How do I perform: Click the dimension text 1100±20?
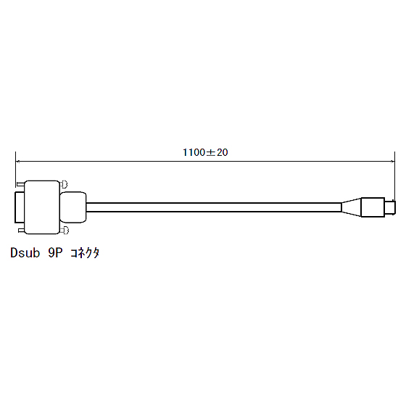(x=205, y=152)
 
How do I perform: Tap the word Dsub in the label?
(x=25, y=253)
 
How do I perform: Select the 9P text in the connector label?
(x=55, y=253)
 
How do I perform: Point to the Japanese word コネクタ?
(x=85, y=253)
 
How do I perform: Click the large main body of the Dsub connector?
(x=42, y=207)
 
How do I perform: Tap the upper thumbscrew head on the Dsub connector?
(x=64, y=184)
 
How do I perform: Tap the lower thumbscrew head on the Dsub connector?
(x=64, y=231)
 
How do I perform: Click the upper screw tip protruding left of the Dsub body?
(x=20, y=184)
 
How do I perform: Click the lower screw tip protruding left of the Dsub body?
(x=21, y=231)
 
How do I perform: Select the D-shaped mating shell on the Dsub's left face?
(x=19, y=207)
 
